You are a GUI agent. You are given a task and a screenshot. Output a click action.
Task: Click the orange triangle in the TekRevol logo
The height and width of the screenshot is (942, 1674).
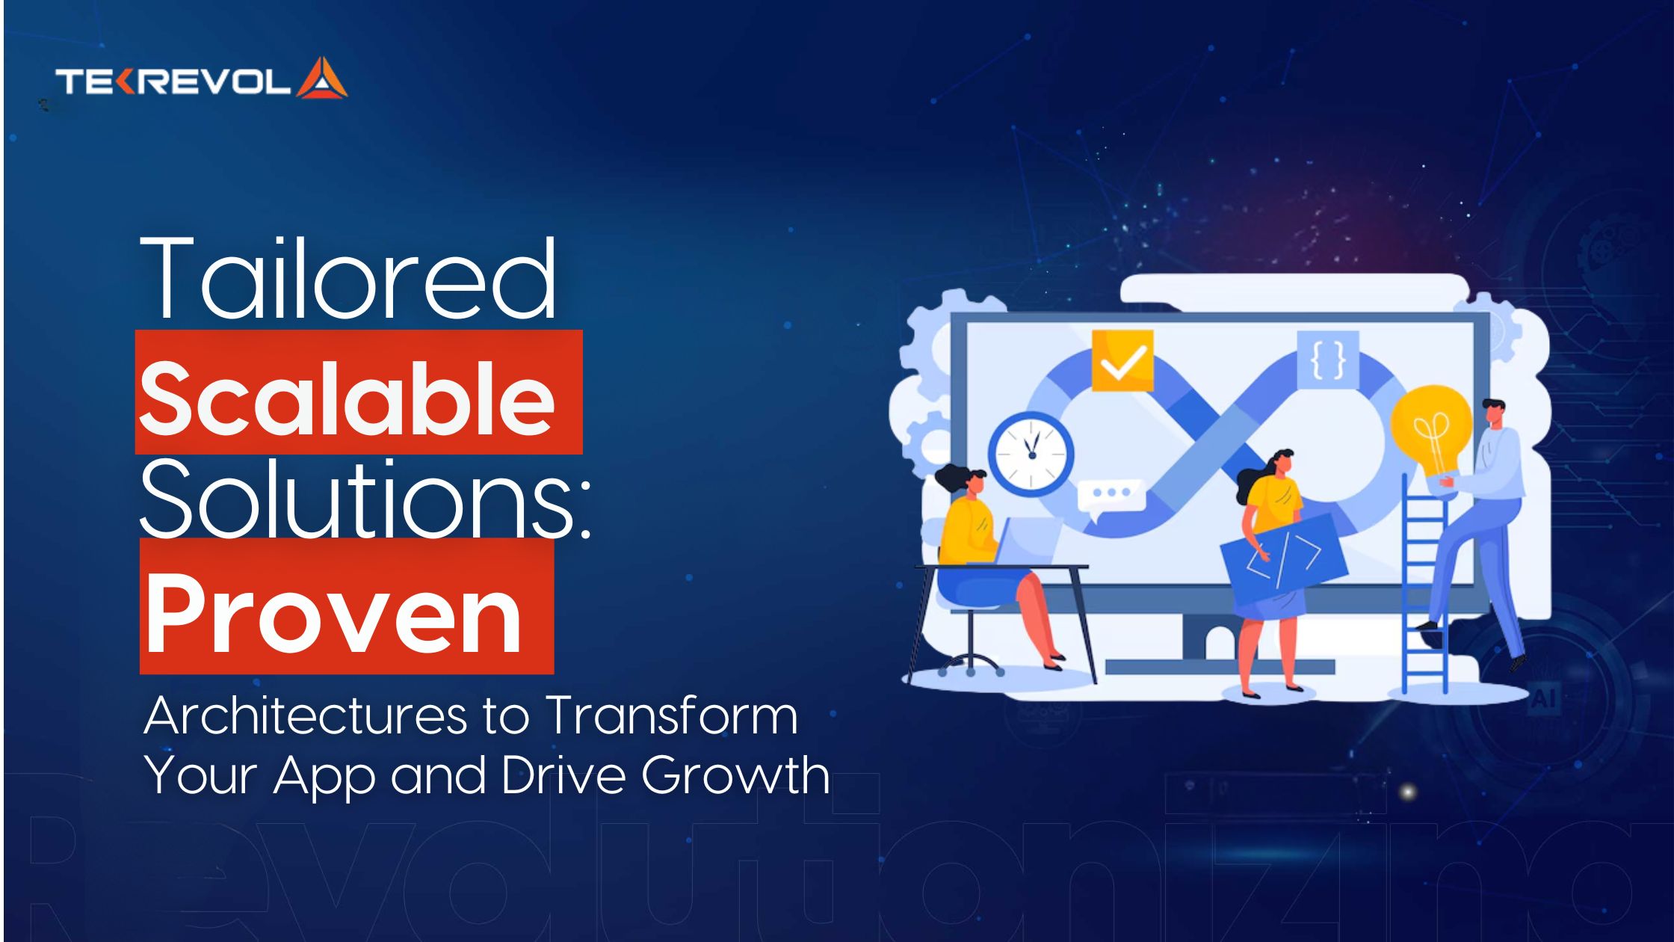click(322, 78)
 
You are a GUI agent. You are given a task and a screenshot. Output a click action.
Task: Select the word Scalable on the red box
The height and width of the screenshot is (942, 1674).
click(347, 395)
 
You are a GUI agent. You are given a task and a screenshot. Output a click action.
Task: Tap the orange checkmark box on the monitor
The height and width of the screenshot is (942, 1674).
click(1122, 361)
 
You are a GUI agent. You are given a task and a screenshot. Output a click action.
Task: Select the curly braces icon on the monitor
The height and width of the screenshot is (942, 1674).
click(1328, 360)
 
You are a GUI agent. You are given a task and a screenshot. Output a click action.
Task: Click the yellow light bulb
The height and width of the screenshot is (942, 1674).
click(1430, 431)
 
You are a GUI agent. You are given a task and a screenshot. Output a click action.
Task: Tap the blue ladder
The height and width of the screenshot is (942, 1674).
click(1424, 591)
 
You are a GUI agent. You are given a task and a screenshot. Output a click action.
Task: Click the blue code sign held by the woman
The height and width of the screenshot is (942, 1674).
click(1282, 557)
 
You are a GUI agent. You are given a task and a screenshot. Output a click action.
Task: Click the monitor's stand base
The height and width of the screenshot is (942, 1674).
click(1219, 666)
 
